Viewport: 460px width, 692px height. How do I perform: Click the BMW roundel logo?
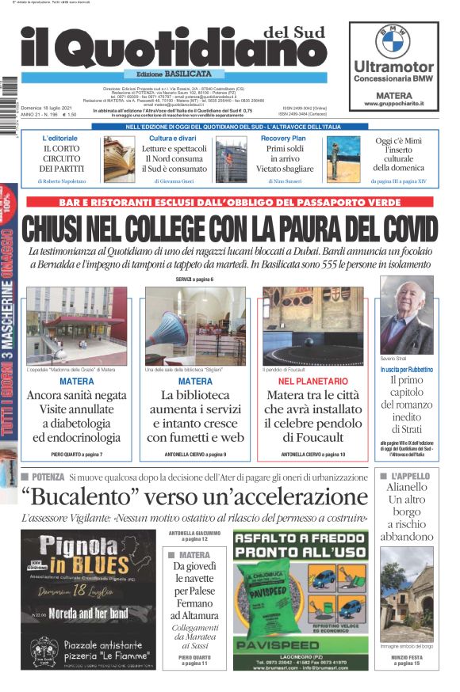[393, 40]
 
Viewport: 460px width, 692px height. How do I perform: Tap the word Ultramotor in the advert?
[393, 67]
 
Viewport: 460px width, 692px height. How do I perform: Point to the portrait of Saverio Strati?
[406, 315]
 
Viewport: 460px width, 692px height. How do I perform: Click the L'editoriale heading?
[60, 139]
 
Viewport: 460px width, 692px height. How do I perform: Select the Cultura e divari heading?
[172, 139]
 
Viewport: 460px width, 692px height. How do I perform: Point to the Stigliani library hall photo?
[195, 325]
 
